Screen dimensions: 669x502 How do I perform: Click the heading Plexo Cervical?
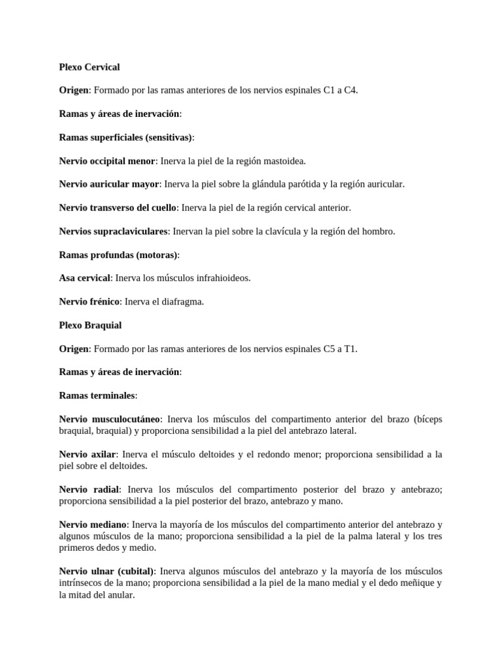pos(89,67)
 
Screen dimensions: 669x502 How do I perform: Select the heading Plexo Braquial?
pos(90,325)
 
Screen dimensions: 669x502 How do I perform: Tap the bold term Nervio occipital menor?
pos(107,161)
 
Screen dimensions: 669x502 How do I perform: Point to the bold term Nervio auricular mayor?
pos(109,184)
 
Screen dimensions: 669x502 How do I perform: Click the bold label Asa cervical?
pos(84,278)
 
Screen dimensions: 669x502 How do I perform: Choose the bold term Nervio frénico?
pos(89,301)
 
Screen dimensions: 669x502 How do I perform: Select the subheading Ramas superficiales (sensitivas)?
pos(125,137)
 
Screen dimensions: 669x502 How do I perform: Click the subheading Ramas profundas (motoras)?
pos(118,254)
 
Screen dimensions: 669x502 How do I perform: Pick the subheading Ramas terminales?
pos(97,395)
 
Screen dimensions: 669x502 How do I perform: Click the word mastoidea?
pos(284,161)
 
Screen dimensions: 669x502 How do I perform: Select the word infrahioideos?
pos(222,278)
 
